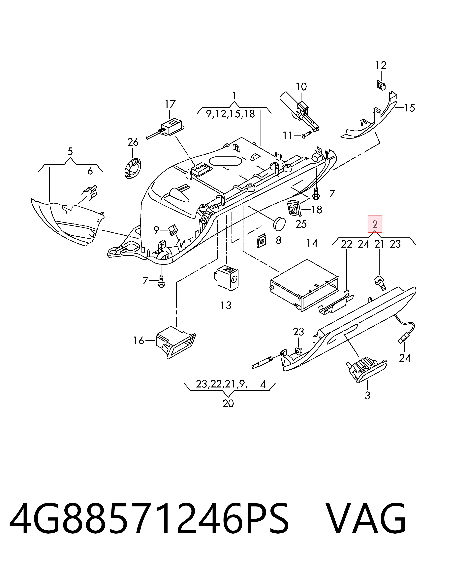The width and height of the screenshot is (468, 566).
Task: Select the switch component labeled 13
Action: (x=226, y=278)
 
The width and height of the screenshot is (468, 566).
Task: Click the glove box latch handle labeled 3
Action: (x=366, y=371)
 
